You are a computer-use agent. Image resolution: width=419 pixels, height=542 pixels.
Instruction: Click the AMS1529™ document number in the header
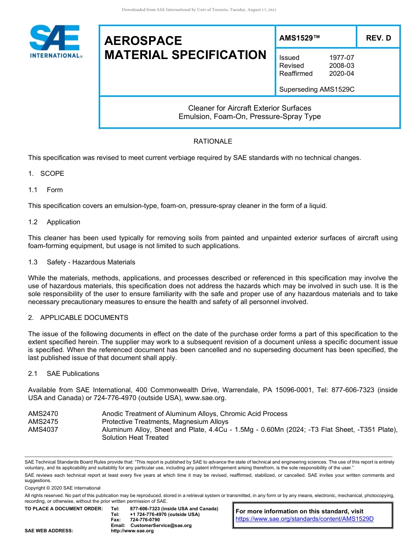tap(299, 38)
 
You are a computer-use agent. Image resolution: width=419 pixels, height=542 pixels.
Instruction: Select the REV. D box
tap(378, 38)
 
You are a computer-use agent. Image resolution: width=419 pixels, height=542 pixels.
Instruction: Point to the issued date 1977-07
tap(341, 58)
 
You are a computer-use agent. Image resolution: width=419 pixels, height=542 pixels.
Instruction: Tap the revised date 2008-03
tap(341, 66)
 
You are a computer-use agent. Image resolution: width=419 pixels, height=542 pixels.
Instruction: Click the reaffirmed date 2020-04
tap(341, 74)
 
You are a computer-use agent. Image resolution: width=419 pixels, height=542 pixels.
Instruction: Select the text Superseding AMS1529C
tap(317, 89)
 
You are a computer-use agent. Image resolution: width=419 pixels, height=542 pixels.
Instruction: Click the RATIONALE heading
tap(213, 141)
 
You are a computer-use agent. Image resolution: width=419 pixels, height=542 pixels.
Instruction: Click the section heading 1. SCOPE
tap(46, 174)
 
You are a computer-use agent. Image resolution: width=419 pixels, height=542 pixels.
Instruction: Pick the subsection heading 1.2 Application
tap(54, 222)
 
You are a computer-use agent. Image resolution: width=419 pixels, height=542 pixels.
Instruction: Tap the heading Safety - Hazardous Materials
tap(91, 262)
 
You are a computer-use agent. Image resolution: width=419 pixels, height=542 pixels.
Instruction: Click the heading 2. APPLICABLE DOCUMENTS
tap(79, 318)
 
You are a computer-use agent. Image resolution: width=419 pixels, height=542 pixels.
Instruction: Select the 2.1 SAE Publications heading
tap(64, 374)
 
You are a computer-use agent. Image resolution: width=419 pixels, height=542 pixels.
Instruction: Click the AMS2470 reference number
tap(43, 414)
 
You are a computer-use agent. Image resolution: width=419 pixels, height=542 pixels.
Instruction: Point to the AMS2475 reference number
tap(43, 422)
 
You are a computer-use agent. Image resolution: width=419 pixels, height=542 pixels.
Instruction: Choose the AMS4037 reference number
tap(43, 430)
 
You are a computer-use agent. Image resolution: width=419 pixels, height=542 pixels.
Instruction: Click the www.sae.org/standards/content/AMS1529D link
tap(305, 519)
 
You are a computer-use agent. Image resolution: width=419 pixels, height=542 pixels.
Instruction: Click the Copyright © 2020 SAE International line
tap(63, 488)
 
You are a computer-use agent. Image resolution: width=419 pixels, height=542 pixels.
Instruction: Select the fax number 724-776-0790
tap(145, 520)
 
